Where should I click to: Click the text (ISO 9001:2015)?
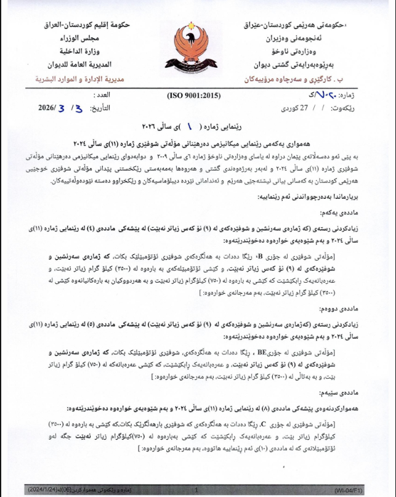click(193, 96)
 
